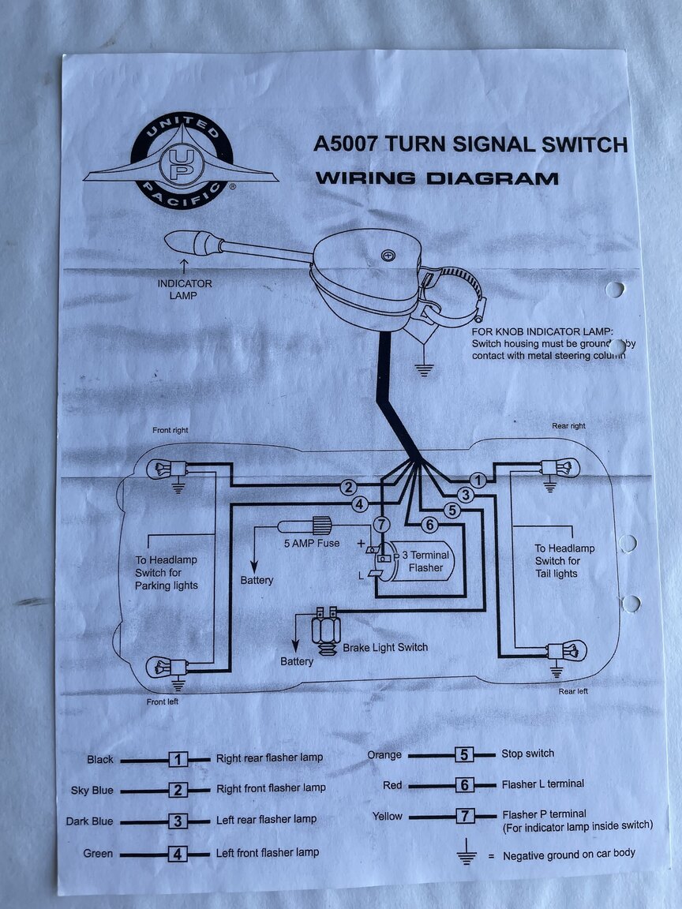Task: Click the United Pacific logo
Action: [181, 161]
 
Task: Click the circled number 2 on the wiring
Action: [349, 488]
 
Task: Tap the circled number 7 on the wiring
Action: [381, 524]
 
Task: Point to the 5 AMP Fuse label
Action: [312, 544]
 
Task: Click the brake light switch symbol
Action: [324, 628]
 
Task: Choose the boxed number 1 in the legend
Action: [178, 759]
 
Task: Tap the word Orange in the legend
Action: [384, 755]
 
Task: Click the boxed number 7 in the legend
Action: [466, 816]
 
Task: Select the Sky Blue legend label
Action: [92, 790]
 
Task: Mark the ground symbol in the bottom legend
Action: [467, 855]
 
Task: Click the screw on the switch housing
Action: [387, 254]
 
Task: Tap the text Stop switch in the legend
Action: [527, 754]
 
